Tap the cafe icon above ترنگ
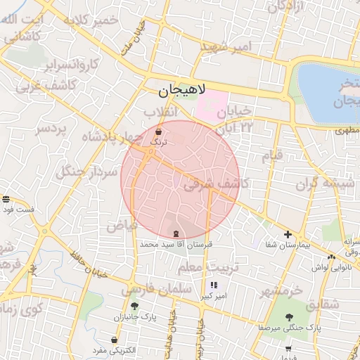tap(158, 131)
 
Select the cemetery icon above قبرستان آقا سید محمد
tap(175, 233)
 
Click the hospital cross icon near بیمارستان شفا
tap(288, 234)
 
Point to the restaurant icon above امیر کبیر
tap(213, 285)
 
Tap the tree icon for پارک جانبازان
tap(134, 306)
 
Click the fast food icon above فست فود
tap(6, 200)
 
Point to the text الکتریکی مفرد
tap(117, 350)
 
